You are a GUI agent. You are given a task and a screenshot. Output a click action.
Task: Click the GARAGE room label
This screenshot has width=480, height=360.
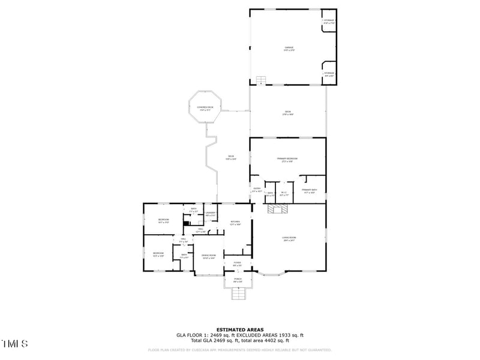tap(289, 48)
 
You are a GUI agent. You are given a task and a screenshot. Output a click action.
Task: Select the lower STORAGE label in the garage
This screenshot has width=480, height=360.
tap(329, 74)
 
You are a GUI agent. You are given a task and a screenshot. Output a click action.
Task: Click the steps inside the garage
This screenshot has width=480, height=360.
tap(261, 80)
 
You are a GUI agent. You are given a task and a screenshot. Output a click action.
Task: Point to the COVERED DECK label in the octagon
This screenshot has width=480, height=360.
tap(205, 108)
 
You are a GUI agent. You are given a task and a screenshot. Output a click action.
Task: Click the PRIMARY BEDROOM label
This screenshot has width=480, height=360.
tap(288, 160)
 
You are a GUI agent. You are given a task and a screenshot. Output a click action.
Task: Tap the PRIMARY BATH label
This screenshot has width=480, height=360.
tap(310, 191)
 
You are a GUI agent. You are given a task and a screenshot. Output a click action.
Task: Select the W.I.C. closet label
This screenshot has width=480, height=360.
tap(284, 193)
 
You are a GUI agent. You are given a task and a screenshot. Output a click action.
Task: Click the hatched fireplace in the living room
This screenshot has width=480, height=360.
tap(278, 209)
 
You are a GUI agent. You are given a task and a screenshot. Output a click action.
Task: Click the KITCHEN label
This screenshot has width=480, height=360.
tap(235, 223)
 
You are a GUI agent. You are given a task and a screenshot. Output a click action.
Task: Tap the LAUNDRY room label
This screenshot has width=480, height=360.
tap(211, 213)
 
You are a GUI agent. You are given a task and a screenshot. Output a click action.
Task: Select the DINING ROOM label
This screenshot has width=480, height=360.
tap(208, 256)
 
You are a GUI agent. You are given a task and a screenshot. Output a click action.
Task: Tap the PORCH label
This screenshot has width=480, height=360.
tap(238, 280)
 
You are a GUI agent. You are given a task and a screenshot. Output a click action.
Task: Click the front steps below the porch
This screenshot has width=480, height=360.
tap(239, 293)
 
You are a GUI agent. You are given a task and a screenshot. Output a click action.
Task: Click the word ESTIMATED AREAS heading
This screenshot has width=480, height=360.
tap(239, 329)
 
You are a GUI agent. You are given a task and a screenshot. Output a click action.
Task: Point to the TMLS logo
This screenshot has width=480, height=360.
tap(14, 344)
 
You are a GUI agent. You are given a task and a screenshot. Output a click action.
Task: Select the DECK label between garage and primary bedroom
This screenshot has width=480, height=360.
tap(288, 113)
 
